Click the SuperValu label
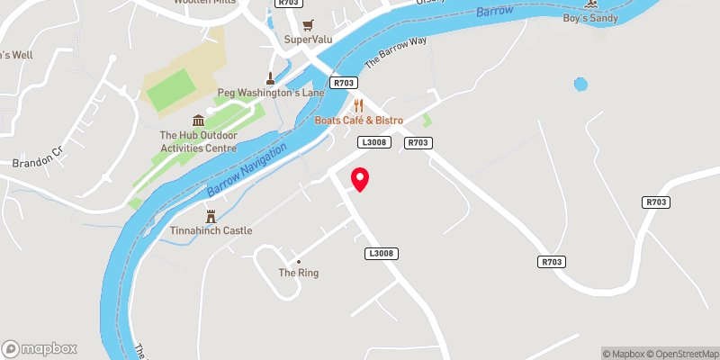click(x=309, y=40)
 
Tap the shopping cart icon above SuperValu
click(x=309, y=24)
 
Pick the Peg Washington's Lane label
click(x=269, y=93)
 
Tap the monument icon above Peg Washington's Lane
click(x=269, y=78)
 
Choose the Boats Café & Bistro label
click(x=358, y=121)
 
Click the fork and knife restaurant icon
click(x=358, y=105)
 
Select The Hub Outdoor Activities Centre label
click(x=198, y=142)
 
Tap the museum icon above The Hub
click(x=198, y=121)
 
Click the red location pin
click(x=360, y=179)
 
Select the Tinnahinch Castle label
click(x=211, y=230)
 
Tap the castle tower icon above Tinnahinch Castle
click(x=211, y=216)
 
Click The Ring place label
click(x=299, y=273)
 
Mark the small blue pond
click(x=580, y=85)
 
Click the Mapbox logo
click(x=40, y=348)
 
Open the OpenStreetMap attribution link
click(x=681, y=354)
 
